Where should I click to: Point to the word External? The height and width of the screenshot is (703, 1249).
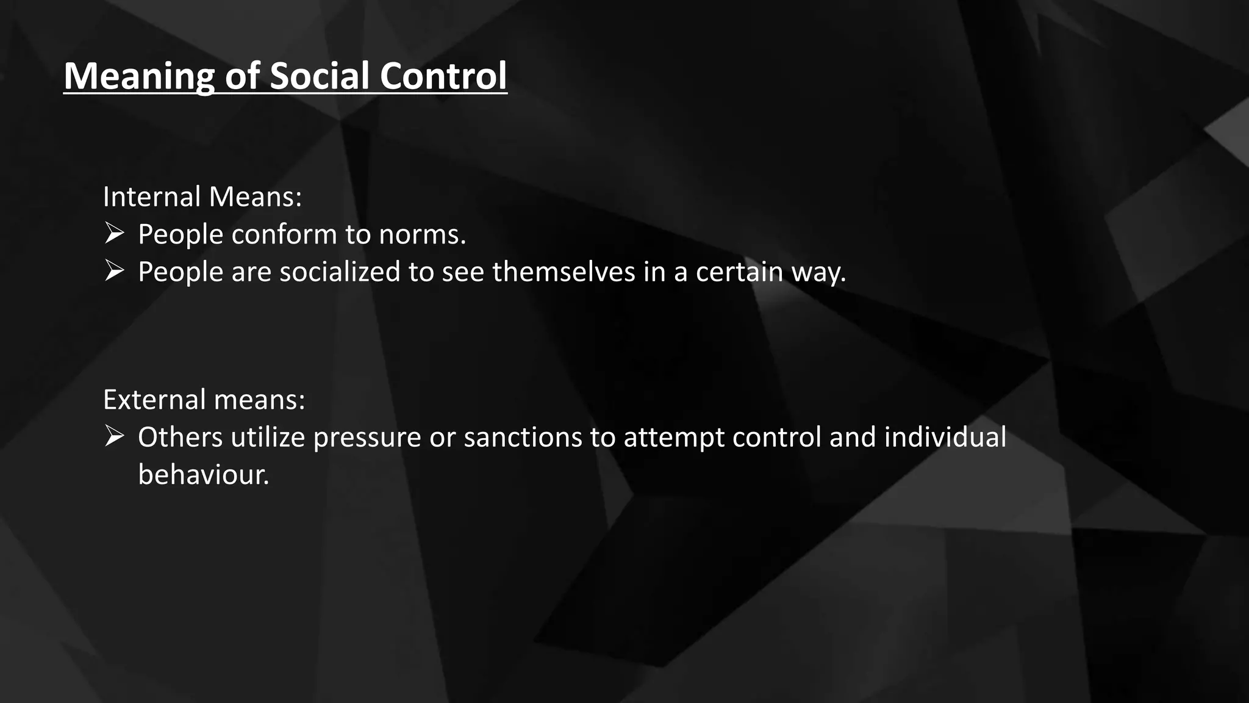pos(154,400)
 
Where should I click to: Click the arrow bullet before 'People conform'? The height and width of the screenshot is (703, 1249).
pos(114,234)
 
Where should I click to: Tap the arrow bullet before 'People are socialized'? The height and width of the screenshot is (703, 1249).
pos(114,271)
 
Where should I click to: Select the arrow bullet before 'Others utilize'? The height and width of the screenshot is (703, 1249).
pos(114,437)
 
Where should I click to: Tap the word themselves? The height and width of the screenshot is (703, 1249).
pos(564,272)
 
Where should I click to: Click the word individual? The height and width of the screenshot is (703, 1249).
pos(945,438)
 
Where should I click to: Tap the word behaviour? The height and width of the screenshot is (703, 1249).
pos(203,475)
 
